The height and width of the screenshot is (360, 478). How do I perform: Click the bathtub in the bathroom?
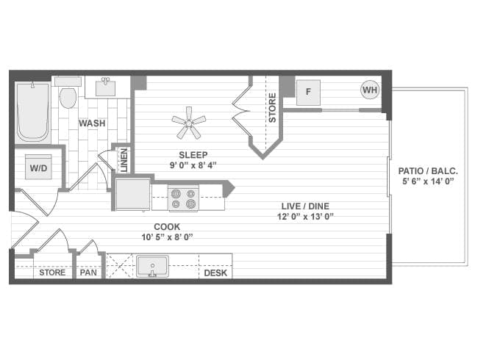[32, 112]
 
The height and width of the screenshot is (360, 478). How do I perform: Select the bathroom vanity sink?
[107, 87]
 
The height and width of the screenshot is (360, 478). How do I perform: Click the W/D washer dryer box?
[38, 168]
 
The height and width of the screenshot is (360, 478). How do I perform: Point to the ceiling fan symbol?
[188, 122]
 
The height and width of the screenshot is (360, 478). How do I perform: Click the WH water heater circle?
[370, 90]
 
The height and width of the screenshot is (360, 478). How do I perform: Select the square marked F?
[308, 92]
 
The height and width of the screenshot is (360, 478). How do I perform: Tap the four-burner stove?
[184, 198]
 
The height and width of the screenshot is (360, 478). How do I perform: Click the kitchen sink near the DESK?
[152, 265]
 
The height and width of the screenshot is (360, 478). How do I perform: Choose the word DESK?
[215, 273]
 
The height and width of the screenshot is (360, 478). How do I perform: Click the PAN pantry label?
[88, 273]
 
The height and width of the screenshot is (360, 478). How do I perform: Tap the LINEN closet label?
[123, 160]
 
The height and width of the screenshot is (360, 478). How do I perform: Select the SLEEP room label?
[193, 154]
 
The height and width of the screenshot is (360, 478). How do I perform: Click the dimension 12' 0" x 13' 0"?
[307, 216]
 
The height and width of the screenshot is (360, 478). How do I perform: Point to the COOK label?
[167, 226]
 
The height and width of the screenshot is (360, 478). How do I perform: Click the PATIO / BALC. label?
[428, 170]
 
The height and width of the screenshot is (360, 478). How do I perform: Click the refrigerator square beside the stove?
[132, 194]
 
